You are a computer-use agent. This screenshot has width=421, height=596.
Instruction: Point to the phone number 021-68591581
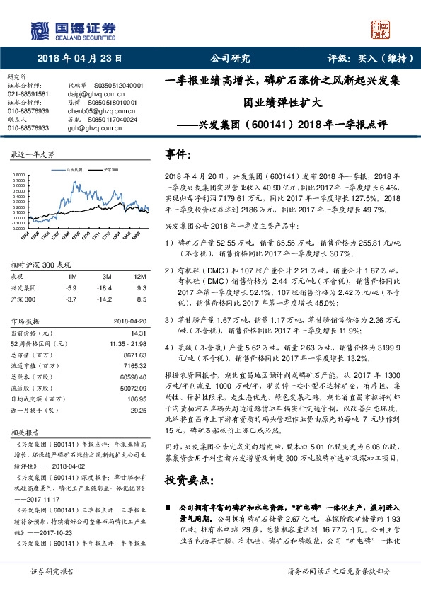[x=28, y=93]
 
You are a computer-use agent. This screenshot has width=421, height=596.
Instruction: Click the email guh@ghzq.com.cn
[x=91, y=128]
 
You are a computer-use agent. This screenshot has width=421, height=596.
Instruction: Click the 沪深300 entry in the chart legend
[x=110, y=171]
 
